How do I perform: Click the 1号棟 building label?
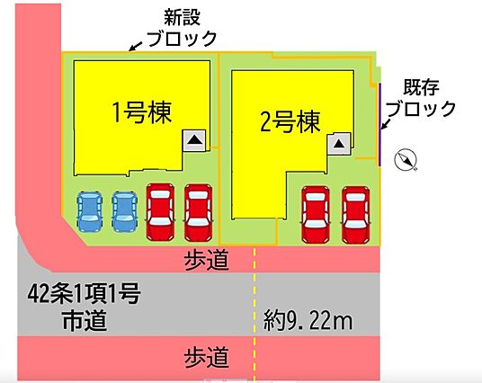pos(142,112)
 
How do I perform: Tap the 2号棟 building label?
pos(290,122)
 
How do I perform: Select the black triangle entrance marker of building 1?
pos(195,140)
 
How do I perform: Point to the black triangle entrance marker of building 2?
pos(339,143)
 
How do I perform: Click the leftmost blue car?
pos(89,211)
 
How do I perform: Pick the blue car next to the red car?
pos(124,211)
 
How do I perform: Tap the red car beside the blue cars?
pos(160,212)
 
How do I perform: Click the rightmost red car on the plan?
pos(356,214)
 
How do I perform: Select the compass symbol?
pos(406,159)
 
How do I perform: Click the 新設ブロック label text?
pos(183,28)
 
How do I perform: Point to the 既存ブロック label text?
pos(421,98)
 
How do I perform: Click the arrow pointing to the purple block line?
pos(385,123)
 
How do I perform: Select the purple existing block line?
pos(379,124)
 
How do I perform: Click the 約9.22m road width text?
pos(308,320)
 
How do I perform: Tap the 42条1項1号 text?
pos(84,293)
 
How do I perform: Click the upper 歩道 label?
pos(207,260)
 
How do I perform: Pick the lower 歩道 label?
pos(207,357)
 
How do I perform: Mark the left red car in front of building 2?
pos(316,214)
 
